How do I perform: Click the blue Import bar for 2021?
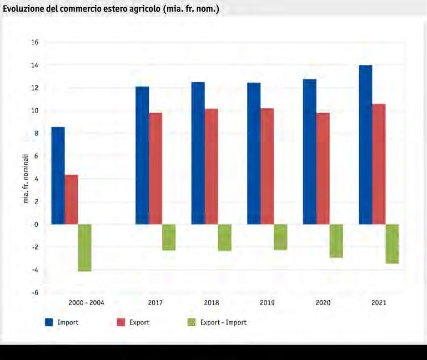pyautogui.click(x=365, y=145)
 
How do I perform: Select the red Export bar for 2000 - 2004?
pyautogui.click(x=71, y=200)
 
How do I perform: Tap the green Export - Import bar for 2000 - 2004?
pyautogui.click(x=84, y=247)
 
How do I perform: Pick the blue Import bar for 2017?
pyautogui.click(x=142, y=155)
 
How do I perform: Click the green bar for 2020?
pyautogui.click(x=336, y=241)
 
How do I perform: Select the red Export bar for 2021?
pyautogui.click(x=379, y=164)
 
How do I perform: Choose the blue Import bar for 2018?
pyautogui.click(x=198, y=153)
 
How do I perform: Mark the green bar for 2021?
pyautogui.click(x=392, y=244)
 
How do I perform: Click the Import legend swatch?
pyautogui.click(x=49, y=322)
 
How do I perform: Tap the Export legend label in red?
pyautogui.click(x=139, y=322)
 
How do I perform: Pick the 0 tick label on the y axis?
pyautogui.click(x=36, y=224)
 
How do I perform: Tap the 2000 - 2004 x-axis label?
pyautogui.click(x=86, y=303)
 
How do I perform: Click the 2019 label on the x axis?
pyautogui.click(x=268, y=303)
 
